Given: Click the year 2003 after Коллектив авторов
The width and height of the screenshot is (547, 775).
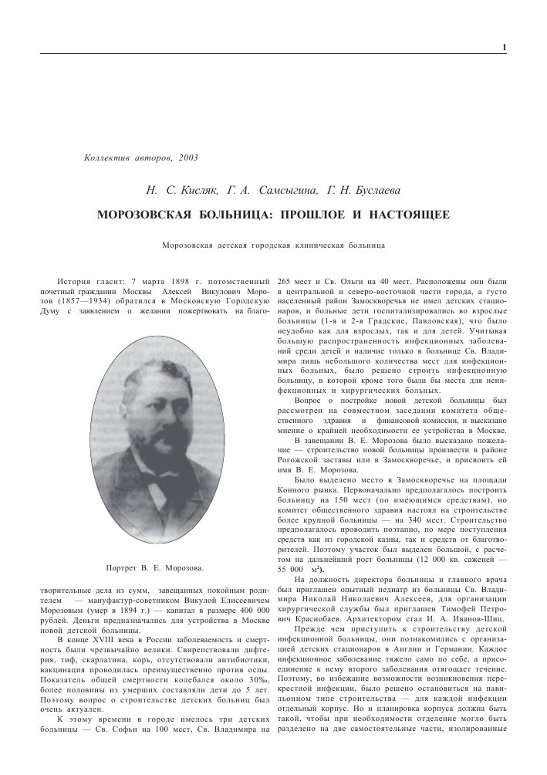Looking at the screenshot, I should (x=187, y=157).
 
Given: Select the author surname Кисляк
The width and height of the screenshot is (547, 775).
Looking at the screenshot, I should (x=182, y=190).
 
